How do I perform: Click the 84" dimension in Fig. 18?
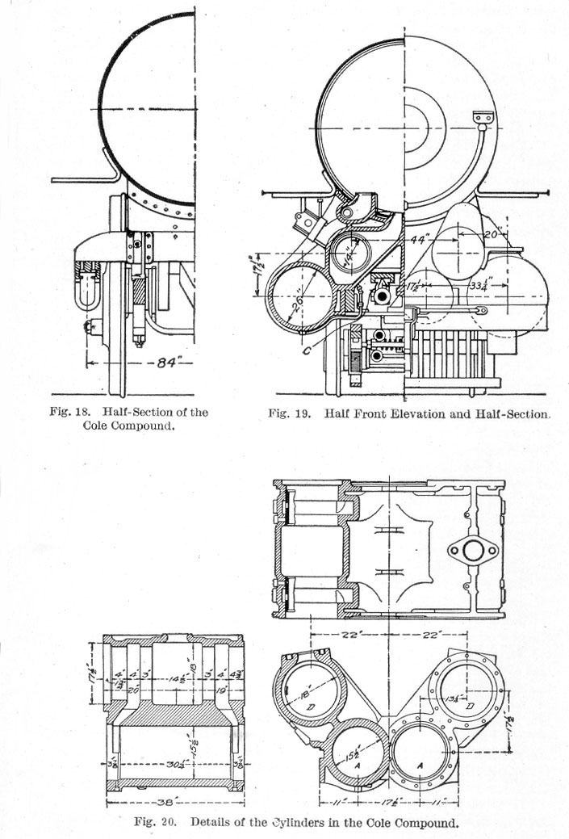coord(167,363)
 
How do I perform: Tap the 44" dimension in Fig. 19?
coord(417,239)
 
